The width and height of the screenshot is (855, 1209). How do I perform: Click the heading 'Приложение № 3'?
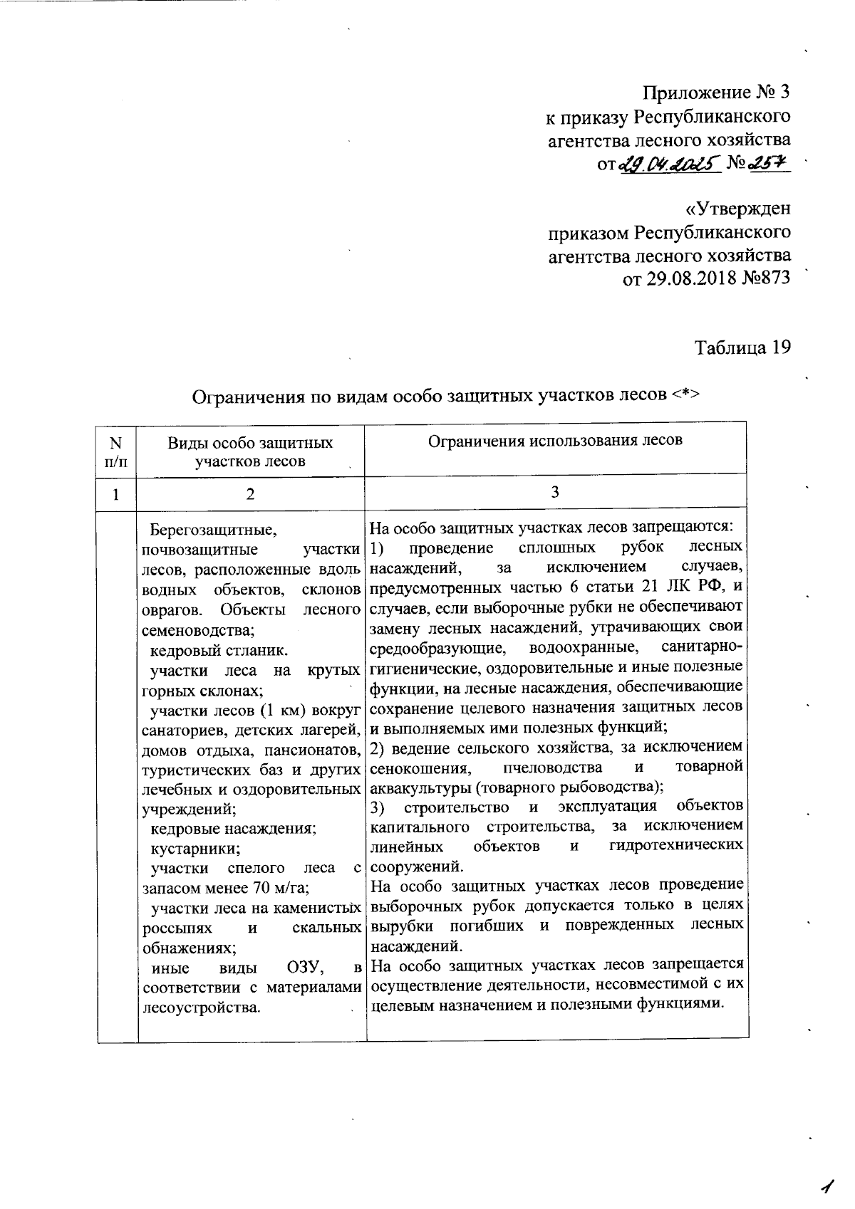tap(716, 93)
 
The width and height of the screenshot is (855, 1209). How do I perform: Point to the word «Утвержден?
tap(737, 209)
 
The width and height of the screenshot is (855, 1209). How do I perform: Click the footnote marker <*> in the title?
tap(685, 396)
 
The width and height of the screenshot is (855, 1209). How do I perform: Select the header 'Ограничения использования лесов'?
tap(555, 440)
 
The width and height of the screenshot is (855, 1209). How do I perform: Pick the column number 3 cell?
tap(555, 493)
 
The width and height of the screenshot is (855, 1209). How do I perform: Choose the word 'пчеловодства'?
tap(552, 768)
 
